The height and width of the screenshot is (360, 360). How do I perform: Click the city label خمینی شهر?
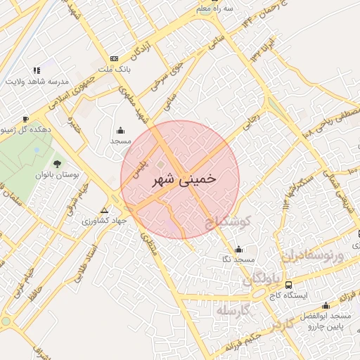pos(184,180)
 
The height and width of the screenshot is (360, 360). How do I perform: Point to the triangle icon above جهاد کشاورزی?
pos(105,210)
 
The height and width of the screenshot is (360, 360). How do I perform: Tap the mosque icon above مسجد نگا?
pos(238,249)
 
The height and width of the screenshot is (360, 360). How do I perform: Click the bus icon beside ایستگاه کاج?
pos(289,285)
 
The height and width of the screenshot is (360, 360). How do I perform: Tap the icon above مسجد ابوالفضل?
pos(326,305)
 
